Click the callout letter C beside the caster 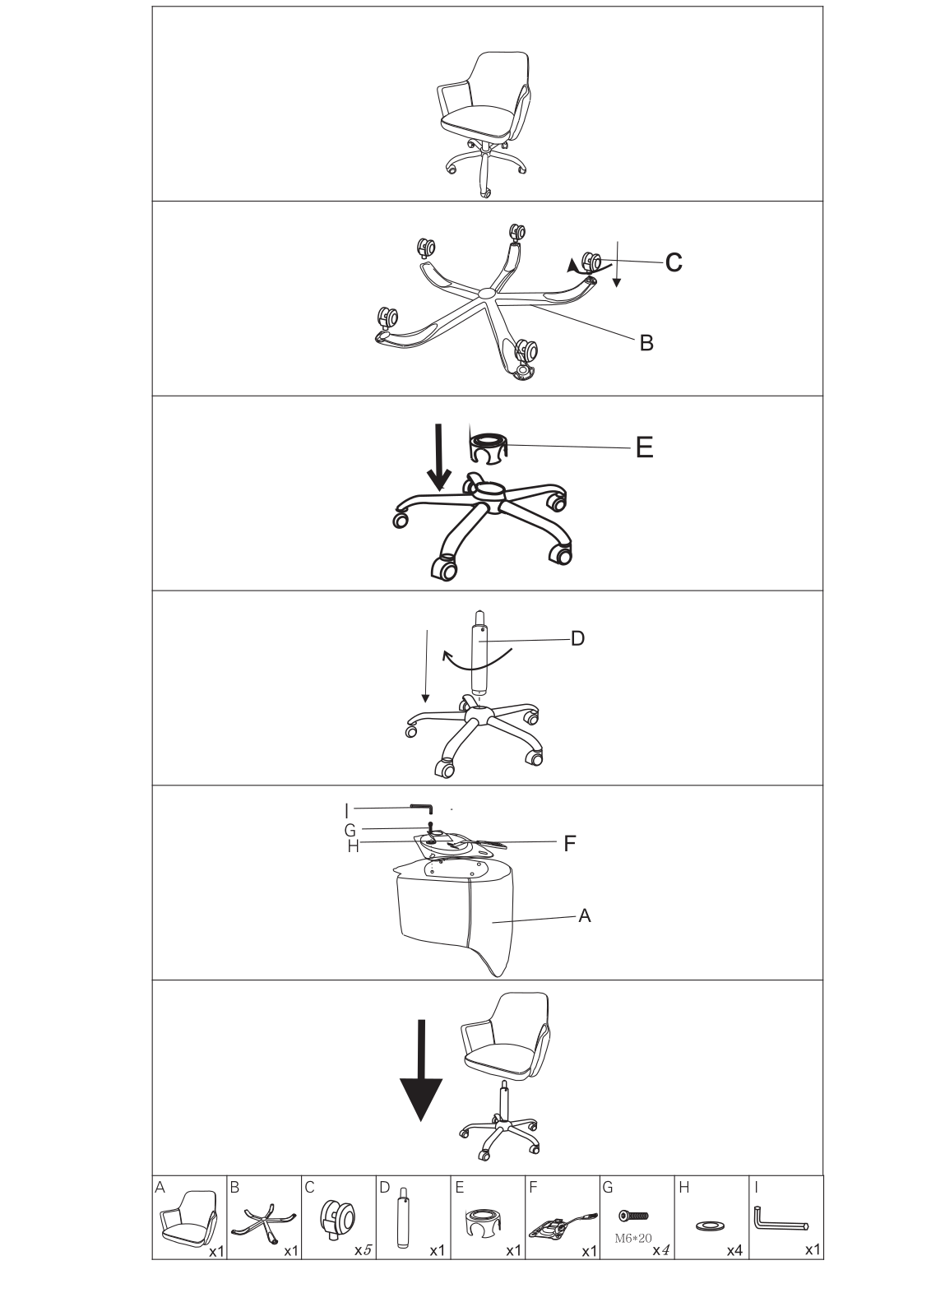pos(673,262)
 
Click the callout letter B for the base pos(646,343)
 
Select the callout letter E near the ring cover pos(644,447)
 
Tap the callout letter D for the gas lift pos(577,638)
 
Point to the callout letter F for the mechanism pos(569,842)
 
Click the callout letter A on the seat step pos(585,915)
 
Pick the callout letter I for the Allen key pos(347,809)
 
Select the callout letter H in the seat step pos(353,846)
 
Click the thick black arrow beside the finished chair pos(421,1069)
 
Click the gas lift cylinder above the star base pos(479,650)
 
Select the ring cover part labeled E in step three pos(489,449)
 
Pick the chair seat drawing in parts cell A pos(188,1221)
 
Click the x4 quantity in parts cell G pos(660,1250)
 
